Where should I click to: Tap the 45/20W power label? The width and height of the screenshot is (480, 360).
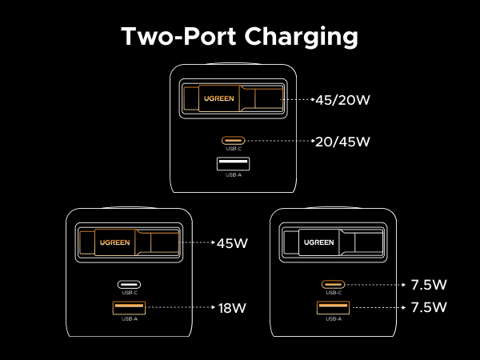tap(345, 101)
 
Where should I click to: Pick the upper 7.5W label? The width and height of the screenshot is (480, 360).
tap(429, 284)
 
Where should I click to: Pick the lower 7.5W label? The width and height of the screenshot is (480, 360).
tap(429, 306)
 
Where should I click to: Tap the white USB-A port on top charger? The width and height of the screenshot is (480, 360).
tap(234, 164)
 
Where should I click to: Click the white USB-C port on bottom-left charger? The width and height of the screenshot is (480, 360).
tap(130, 284)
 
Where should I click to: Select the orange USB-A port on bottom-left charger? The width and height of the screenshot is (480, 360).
tap(130, 307)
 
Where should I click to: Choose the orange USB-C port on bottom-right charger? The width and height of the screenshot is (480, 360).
tap(334, 284)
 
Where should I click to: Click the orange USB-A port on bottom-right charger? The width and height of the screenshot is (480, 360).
tap(334, 307)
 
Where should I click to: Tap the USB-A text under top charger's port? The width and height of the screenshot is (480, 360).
tap(234, 175)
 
